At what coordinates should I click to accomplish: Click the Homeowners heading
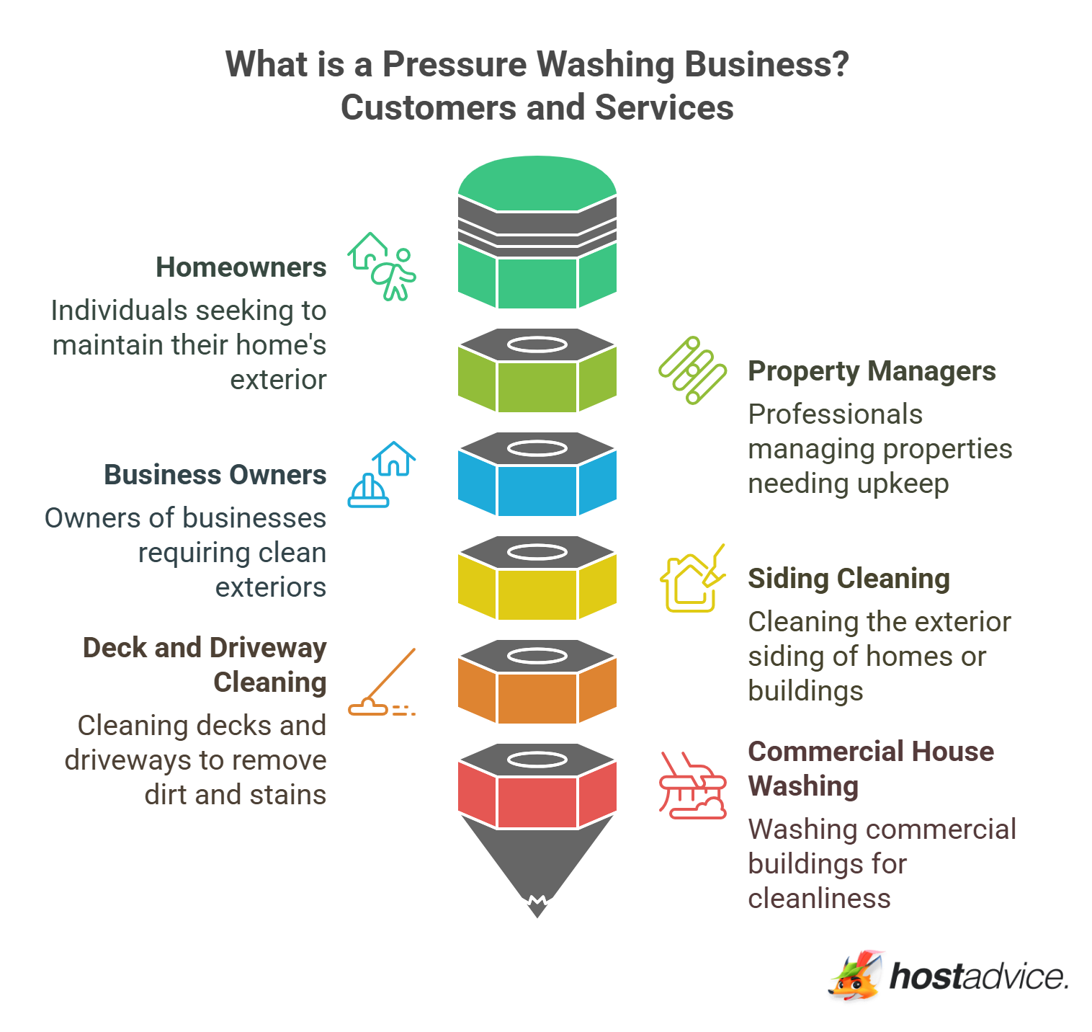click(x=241, y=267)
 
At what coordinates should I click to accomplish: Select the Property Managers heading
click(x=872, y=371)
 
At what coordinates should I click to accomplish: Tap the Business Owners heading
click(x=215, y=475)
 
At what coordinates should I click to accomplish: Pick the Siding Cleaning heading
click(x=849, y=579)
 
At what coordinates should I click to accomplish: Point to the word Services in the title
click(x=664, y=108)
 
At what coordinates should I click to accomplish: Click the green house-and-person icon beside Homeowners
click(x=382, y=266)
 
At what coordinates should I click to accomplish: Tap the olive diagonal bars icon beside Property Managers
click(x=692, y=370)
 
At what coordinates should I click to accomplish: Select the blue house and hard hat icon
click(x=382, y=474)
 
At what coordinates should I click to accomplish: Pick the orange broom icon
click(x=382, y=682)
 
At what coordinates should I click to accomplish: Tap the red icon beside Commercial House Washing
click(x=692, y=786)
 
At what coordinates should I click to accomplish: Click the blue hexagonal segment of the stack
click(x=537, y=489)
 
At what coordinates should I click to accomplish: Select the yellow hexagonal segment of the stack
click(x=537, y=593)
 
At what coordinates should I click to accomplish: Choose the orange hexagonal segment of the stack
click(x=537, y=697)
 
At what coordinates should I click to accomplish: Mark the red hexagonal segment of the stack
click(x=537, y=801)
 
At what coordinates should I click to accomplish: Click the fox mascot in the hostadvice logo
click(x=856, y=976)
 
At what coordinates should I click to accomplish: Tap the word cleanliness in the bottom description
click(x=819, y=899)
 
